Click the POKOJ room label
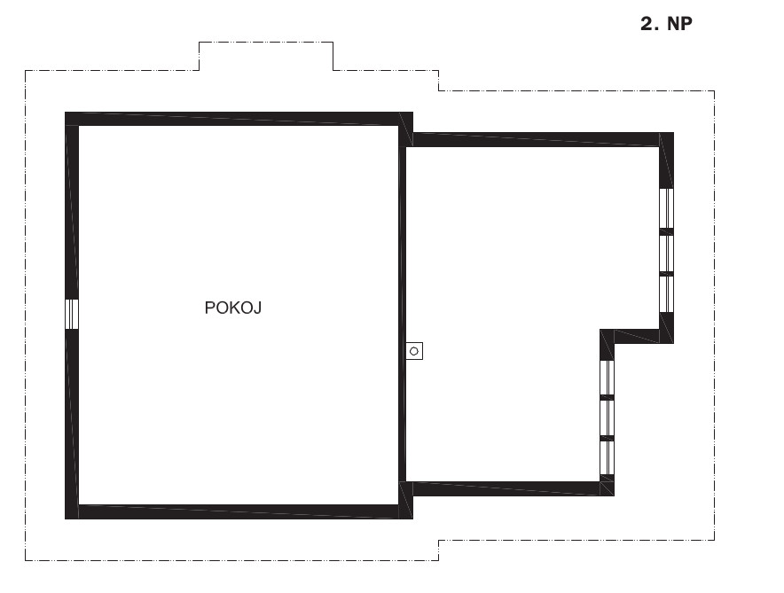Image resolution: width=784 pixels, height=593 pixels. click(233, 308)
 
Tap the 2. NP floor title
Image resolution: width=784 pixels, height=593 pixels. click(666, 23)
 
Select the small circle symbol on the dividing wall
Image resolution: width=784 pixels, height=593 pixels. click(414, 351)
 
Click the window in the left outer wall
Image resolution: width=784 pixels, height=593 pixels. click(72, 314)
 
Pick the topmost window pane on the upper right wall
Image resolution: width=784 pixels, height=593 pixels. click(667, 208)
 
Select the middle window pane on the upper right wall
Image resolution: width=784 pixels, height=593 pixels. click(667, 254)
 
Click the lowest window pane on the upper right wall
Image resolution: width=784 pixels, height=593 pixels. click(667, 294)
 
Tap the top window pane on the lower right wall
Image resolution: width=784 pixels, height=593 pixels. click(607, 378)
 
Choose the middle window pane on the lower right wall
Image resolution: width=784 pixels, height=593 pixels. click(607, 418)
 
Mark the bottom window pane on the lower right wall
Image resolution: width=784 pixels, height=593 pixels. click(607, 457)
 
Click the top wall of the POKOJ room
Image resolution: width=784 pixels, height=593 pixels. click(239, 119)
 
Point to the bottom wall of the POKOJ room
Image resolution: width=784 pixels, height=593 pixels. click(239, 512)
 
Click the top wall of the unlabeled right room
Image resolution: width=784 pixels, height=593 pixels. click(543, 139)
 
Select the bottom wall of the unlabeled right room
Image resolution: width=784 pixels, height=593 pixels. click(514, 488)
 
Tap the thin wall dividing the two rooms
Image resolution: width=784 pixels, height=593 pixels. click(402, 315)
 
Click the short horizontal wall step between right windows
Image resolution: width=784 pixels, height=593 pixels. click(637, 336)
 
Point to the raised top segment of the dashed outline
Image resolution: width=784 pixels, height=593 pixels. click(266, 43)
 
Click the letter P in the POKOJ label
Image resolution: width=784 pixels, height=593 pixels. click(209, 308)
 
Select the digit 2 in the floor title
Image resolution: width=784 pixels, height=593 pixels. click(647, 23)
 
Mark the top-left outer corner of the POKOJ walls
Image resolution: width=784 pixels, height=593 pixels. click(66, 113)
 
